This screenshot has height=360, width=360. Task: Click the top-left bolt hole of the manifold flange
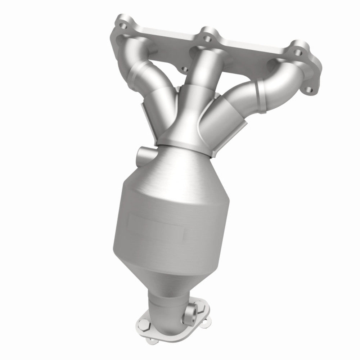tap(123, 26)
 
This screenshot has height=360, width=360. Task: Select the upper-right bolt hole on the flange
tap(298, 53)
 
